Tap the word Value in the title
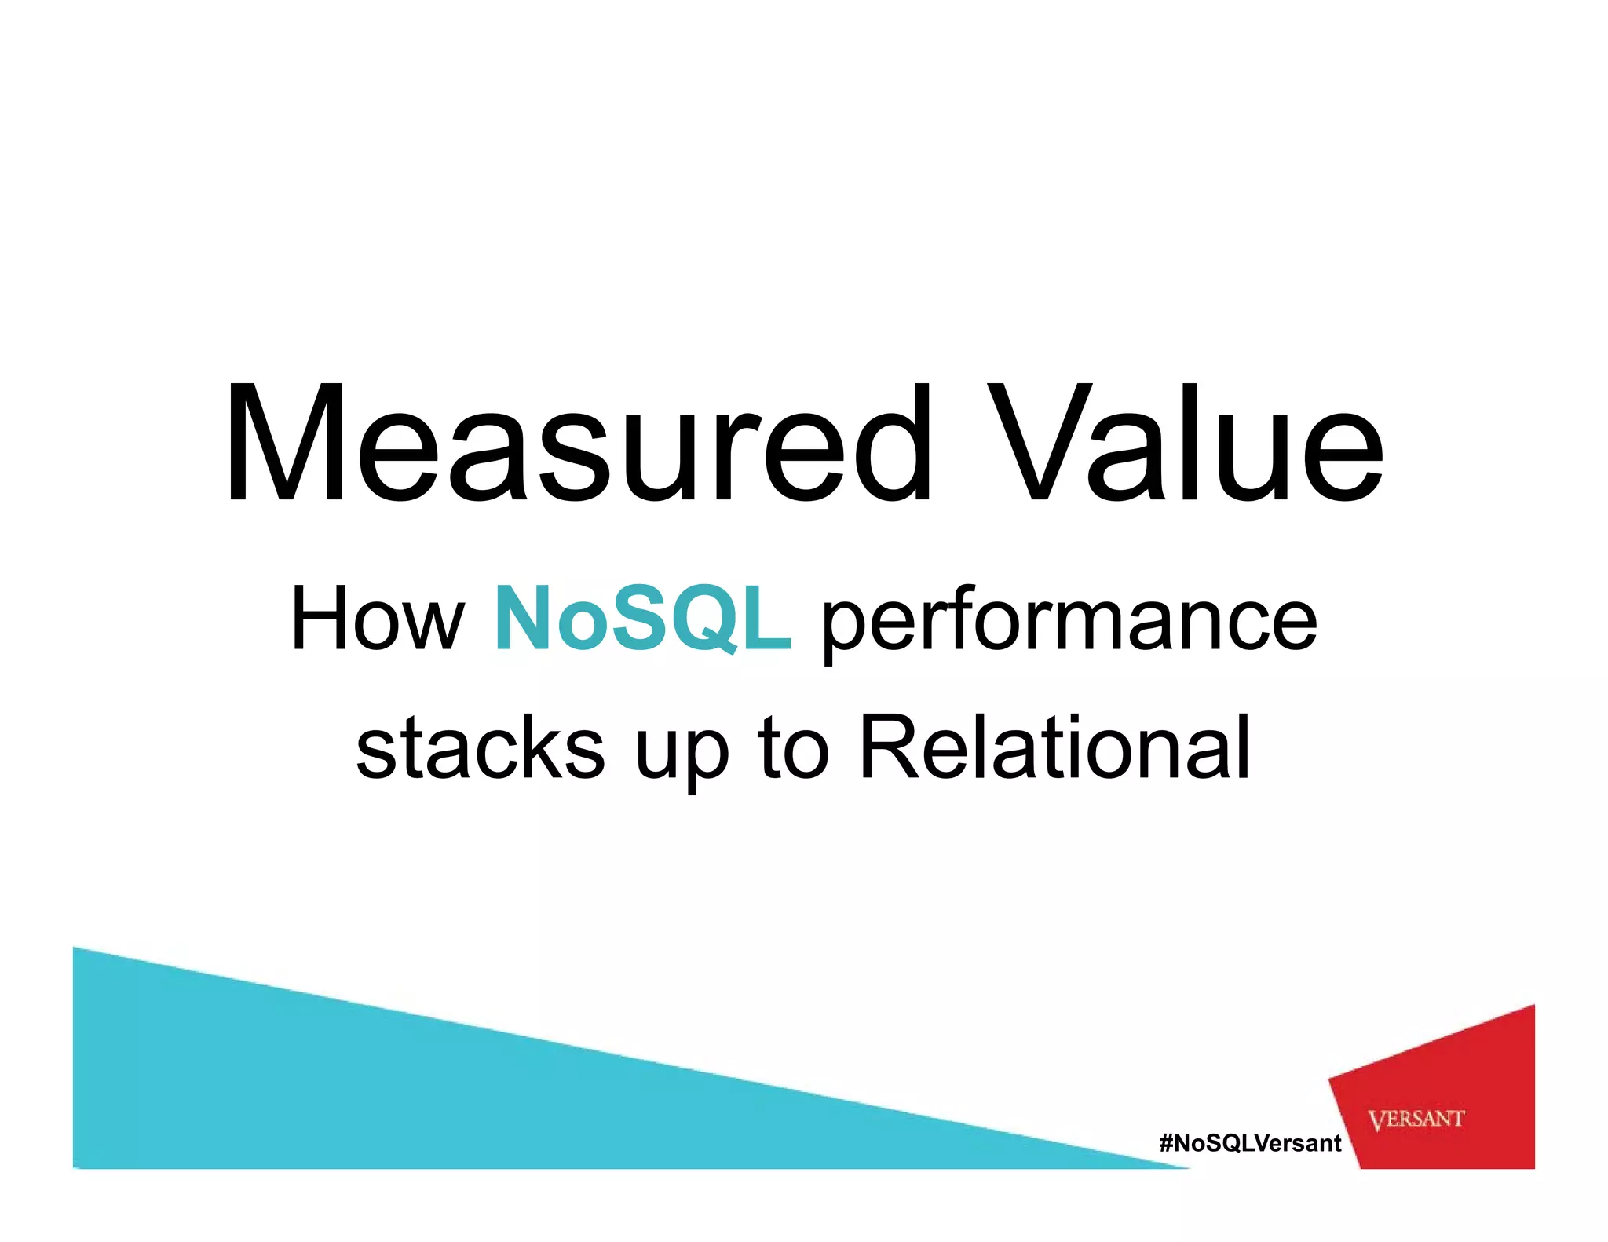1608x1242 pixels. point(1186,444)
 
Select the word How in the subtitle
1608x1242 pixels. point(377,620)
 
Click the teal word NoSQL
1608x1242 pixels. point(642,620)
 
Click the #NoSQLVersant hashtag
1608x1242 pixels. point(1250,1143)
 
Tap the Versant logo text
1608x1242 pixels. point(1416,1119)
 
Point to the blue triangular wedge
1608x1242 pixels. point(314,1091)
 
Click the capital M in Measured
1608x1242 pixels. point(284,444)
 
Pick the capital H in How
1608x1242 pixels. point(320,620)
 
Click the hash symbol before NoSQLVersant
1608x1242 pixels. point(1166,1143)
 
